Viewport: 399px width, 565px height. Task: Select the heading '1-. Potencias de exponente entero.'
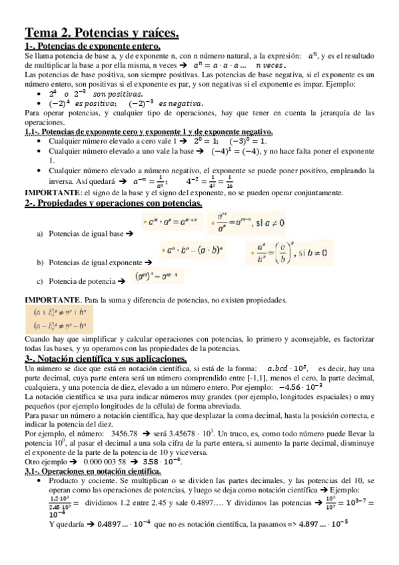coord(93,46)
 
